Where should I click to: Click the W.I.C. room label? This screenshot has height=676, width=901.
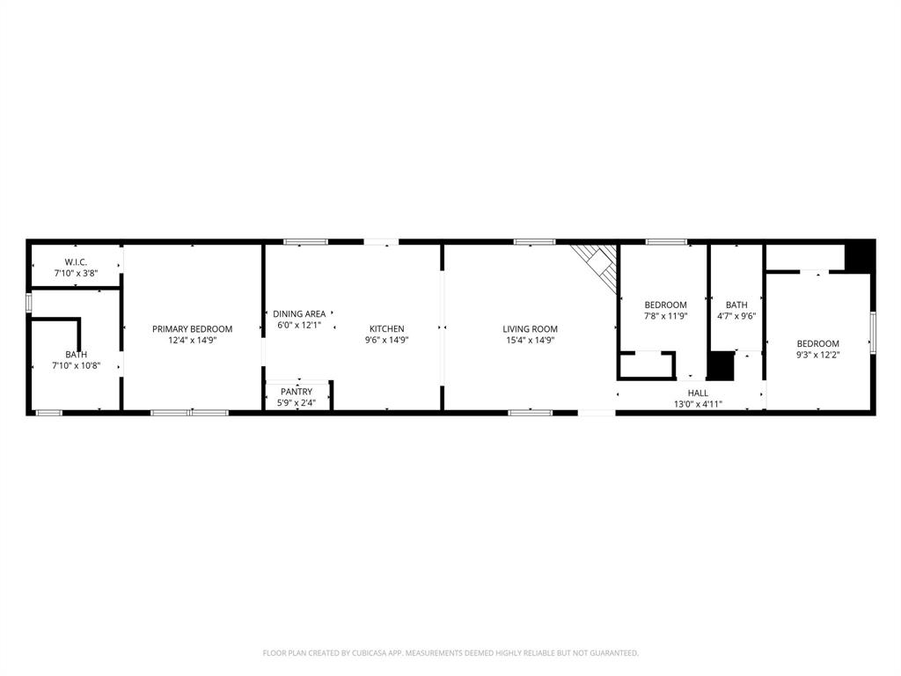point(75,261)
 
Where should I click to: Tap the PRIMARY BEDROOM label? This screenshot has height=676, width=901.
point(192,329)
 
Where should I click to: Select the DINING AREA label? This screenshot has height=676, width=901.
point(299,313)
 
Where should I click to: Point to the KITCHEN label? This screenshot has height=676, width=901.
point(387,329)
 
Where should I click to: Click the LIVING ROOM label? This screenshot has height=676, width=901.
point(530,329)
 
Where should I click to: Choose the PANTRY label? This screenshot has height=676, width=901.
point(297,392)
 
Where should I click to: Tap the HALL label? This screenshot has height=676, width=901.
point(698,393)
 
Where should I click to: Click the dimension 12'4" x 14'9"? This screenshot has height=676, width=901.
point(192,341)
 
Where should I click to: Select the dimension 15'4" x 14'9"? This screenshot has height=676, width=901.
point(530,341)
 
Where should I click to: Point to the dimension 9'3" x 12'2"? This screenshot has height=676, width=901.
point(818,355)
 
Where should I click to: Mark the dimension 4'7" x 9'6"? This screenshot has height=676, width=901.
point(736,316)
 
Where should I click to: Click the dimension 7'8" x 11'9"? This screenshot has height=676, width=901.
point(665,316)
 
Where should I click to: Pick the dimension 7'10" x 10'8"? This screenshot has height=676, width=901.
point(76,365)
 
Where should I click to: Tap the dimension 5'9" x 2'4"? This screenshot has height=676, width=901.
point(297,403)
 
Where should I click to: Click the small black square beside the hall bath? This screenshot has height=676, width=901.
point(721,366)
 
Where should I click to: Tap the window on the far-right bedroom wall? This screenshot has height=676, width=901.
point(872,332)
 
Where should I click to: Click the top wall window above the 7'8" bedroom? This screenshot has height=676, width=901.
point(666,241)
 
